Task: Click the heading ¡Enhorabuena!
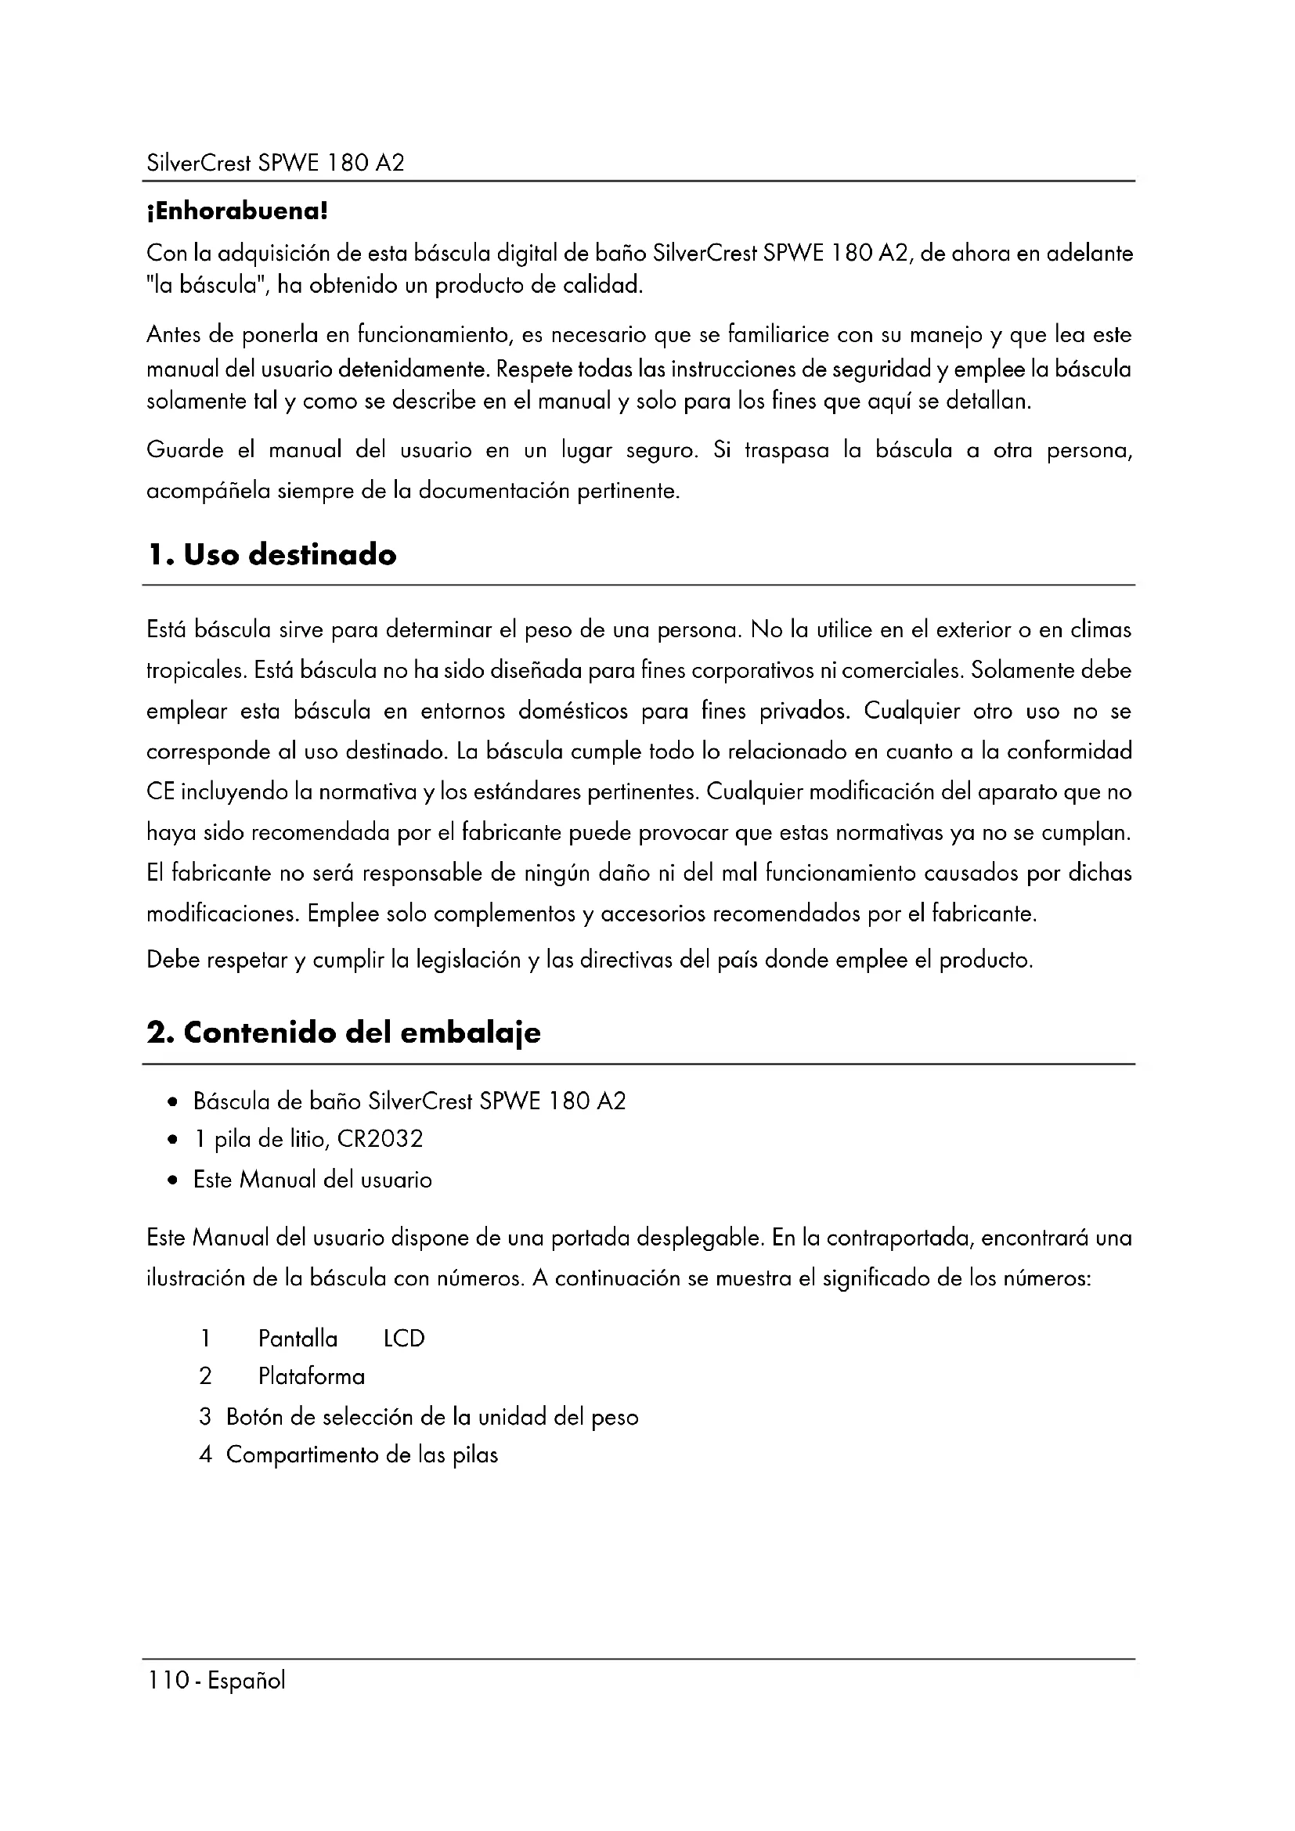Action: [x=236, y=212]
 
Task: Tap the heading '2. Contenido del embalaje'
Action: [x=343, y=1033]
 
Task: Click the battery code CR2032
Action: [x=380, y=1139]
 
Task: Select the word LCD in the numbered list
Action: [x=404, y=1338]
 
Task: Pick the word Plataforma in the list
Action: [x=311, y=1376]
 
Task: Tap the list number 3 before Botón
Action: [x=205, y=1417]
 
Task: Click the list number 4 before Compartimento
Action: [x=205, y=1454]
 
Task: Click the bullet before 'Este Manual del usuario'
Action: [x=173, y=1180]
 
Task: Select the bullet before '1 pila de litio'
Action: [x=173, y=1141]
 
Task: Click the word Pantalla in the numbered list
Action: [x=298, y=1338]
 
